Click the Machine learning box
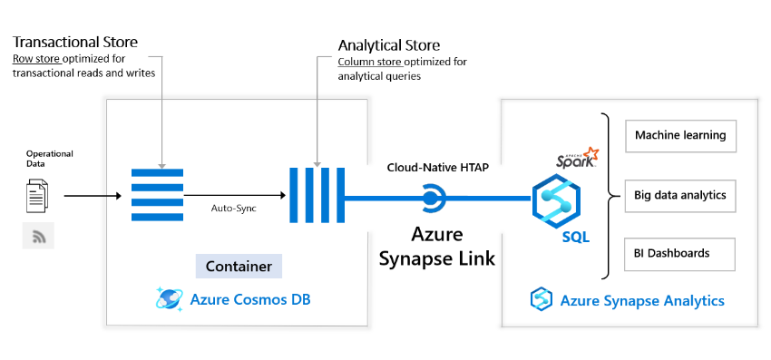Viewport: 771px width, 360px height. coord(679,135)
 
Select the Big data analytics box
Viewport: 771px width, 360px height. coord(679,195)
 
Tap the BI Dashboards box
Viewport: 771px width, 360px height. coord(679,253)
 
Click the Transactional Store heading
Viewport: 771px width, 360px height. coord(75,42)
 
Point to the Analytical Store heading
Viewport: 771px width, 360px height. coord(388,44)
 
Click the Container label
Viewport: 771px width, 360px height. coord(239,267)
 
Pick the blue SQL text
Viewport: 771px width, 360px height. coord(574,238)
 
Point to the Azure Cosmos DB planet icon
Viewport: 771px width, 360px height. coord(169,299)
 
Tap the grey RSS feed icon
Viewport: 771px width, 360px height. coord(38,236)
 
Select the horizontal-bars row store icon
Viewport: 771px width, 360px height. coord(157,195)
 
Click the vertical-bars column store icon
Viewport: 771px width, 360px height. coord(313,195)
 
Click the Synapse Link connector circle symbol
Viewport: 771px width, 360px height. coord(432,196)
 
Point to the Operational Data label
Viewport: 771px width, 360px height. coord(49,159)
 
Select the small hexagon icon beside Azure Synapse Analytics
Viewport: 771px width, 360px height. coord(542,300)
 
